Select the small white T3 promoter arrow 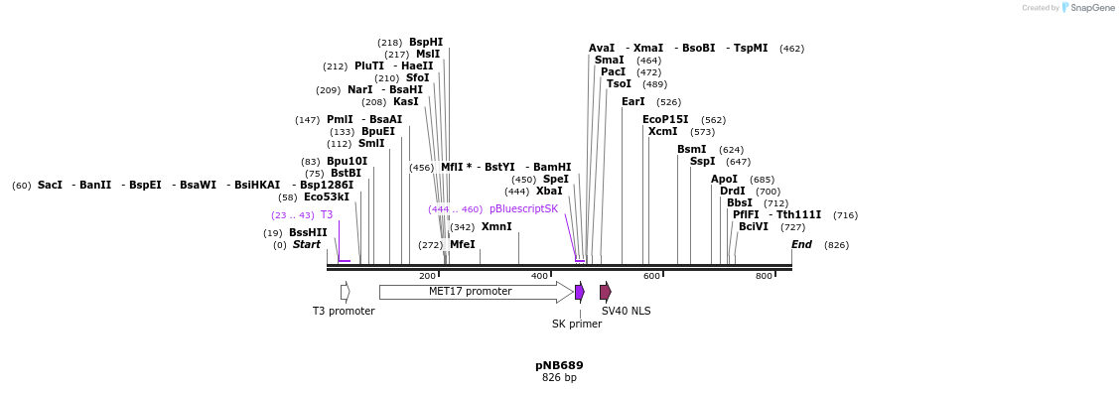click(345, 292)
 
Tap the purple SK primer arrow click(579, 292)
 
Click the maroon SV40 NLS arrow click(605, 292)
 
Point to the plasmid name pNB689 click(559, 365)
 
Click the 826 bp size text click(559, 378)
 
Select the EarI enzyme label click(632, 102)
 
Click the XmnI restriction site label click(496, 227)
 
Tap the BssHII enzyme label click(308, 233)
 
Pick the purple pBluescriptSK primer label click(523, 209)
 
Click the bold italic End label click(801, 245)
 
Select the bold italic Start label click(306, 245)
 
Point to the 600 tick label click(651, 276)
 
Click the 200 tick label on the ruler click(427, 276)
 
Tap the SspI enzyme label click(702, 162)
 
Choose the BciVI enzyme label click(754, 227)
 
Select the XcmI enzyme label click(662, 132)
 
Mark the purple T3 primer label click(326, 215)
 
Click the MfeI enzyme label click(462, 245)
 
